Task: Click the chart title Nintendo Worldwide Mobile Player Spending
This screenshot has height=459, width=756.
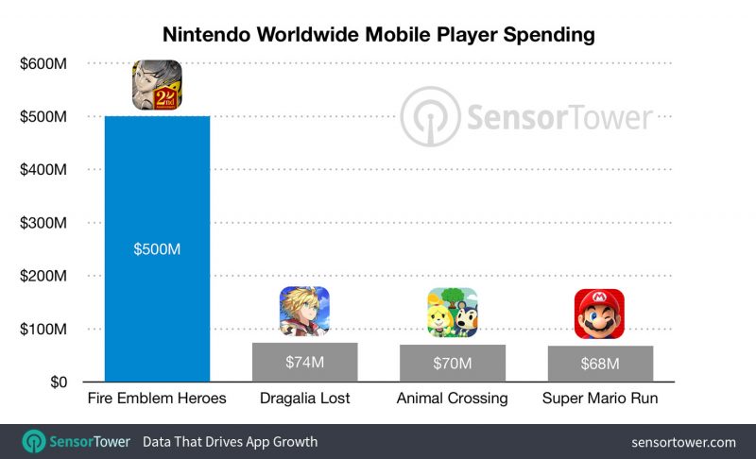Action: click(378, 35)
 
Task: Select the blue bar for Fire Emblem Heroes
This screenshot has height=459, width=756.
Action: click(156, 302)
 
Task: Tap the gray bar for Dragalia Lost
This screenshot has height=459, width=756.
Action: click(304, 363)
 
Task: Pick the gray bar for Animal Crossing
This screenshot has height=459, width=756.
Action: click(453, 364)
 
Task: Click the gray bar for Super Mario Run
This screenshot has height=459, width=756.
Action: click(600, 365)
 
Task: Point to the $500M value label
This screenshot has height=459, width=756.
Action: click(156, 250)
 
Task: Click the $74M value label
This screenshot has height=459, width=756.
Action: click(304, 363)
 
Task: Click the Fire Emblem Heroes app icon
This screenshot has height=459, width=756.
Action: click(156, 84)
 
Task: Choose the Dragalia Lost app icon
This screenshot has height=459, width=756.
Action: click(304, 312)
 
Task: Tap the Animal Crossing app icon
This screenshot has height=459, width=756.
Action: click(453, 313)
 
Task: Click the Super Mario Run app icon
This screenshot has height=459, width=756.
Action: click(600, 314)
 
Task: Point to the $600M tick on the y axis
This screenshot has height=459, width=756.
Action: click(45, 63)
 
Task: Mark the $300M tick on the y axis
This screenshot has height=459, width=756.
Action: click(45, 223)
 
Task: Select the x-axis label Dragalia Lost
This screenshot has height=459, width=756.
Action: click(304, 399)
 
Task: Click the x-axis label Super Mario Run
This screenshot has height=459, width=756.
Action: click(600, 399)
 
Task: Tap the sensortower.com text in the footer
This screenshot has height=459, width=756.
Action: click(683, 442)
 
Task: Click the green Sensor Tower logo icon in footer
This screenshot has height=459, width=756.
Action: click(35, 442)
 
